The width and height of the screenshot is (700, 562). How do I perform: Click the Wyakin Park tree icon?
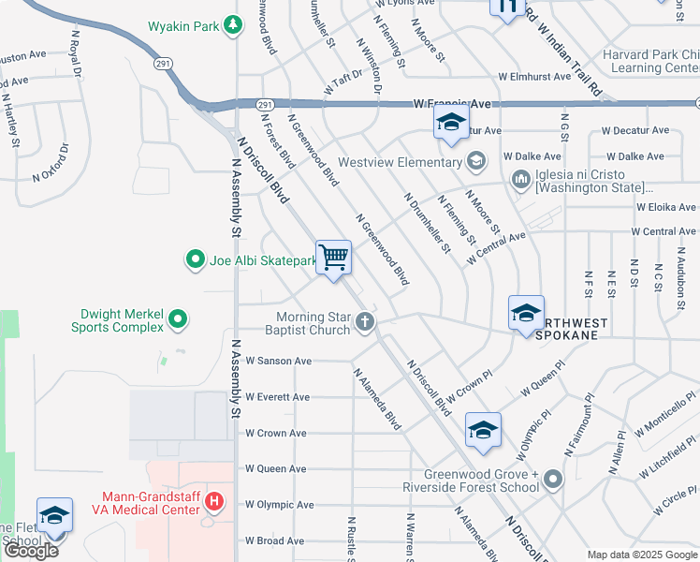click(x=233, y=25)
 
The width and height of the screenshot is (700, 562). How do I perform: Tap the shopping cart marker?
click(x=334, y=256)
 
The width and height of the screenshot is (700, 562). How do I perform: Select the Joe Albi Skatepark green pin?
click(x=195, y=259)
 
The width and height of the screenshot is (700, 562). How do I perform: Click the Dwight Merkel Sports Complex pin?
click(x=178, y=320)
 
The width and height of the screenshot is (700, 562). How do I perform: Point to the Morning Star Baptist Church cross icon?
click(x=364, y=323)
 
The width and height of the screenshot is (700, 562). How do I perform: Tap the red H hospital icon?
click(x=214, y=502)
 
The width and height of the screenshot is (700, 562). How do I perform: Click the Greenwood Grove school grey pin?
click(x=552, y=481)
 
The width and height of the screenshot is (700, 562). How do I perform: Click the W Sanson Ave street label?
click(x=278, y=361)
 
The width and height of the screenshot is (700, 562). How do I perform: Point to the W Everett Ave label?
click(x=277, y=397)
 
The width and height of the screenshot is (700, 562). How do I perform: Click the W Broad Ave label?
click(x=275, y=540)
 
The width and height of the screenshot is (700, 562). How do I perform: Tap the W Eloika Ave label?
click(x=665, y=207)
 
